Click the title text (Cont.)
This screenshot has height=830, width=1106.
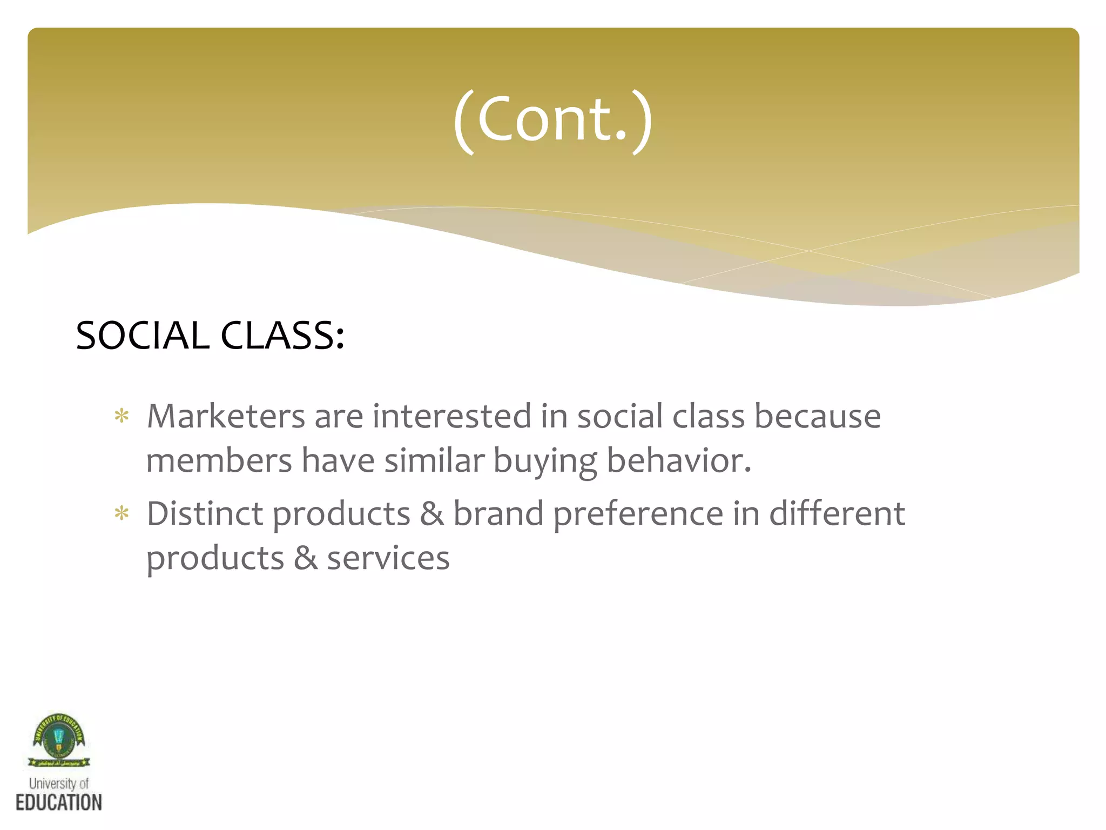[553, 120]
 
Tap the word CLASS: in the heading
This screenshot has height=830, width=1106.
[282, 336]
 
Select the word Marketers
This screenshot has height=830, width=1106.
[226, 416]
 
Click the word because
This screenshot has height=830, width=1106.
[817, 416]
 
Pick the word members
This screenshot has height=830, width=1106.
[219, 461]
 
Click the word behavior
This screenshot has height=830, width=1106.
[679, 461]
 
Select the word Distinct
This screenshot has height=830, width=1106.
[205, 513]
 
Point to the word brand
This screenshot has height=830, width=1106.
[498, 513]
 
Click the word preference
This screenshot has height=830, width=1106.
[638, 514]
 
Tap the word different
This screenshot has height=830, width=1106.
[837, 513]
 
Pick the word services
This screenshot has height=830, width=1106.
[388, 558]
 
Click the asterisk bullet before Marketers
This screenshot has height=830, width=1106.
[122, 417]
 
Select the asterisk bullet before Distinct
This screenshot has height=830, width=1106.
[122, 514]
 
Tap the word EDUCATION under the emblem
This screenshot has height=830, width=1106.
[58, 802]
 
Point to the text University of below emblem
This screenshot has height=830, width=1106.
[58, 784]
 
